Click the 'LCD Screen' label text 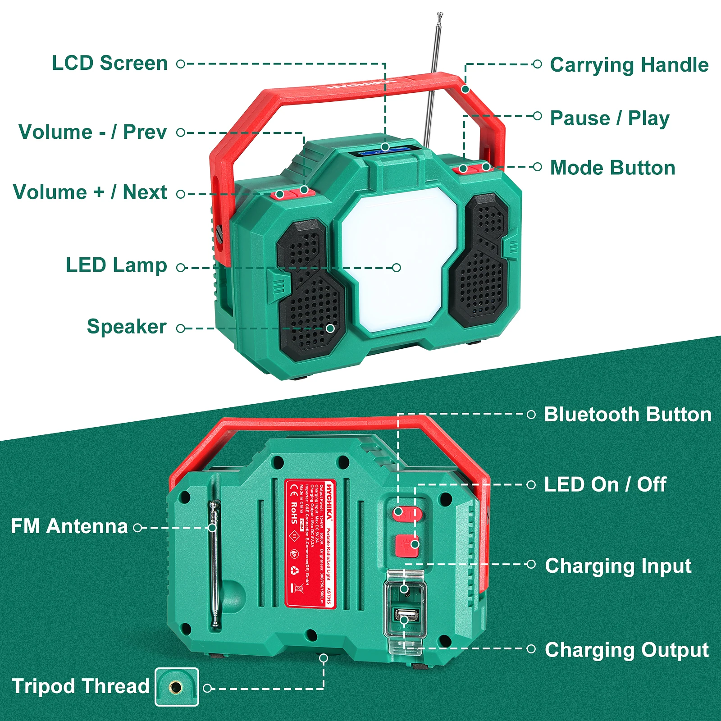pyautogui.click(x=110, y=63)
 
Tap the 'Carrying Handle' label pyautogui.click(x=629, y=65)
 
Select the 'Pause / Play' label pyautogui.click(x=610, y=118)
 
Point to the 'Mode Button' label pyautogui.click(x=613, y=168)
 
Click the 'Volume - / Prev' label pyautogui.click(x=92, y=132)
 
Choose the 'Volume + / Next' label pyautogui.click(x=90, y=192)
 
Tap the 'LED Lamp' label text pyautogui.click(x=116, y=265)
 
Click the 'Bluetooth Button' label pyautogui.click(x=628, y=415)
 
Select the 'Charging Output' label pyautogui.click(x=627, y=650)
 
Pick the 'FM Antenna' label pyautogui.click(x=69, y=526)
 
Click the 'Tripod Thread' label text pyautogui.click(x=80, y=686)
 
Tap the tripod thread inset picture pyautogui.click(x=177, y=687)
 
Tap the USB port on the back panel pyautogui.click(x=406, y=614)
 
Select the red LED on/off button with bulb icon pyautogui.click(x=407, y=545)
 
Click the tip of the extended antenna pyautogui.click(x=440, y=14)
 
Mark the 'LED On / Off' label pyautogui.click(x=605, y=485)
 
